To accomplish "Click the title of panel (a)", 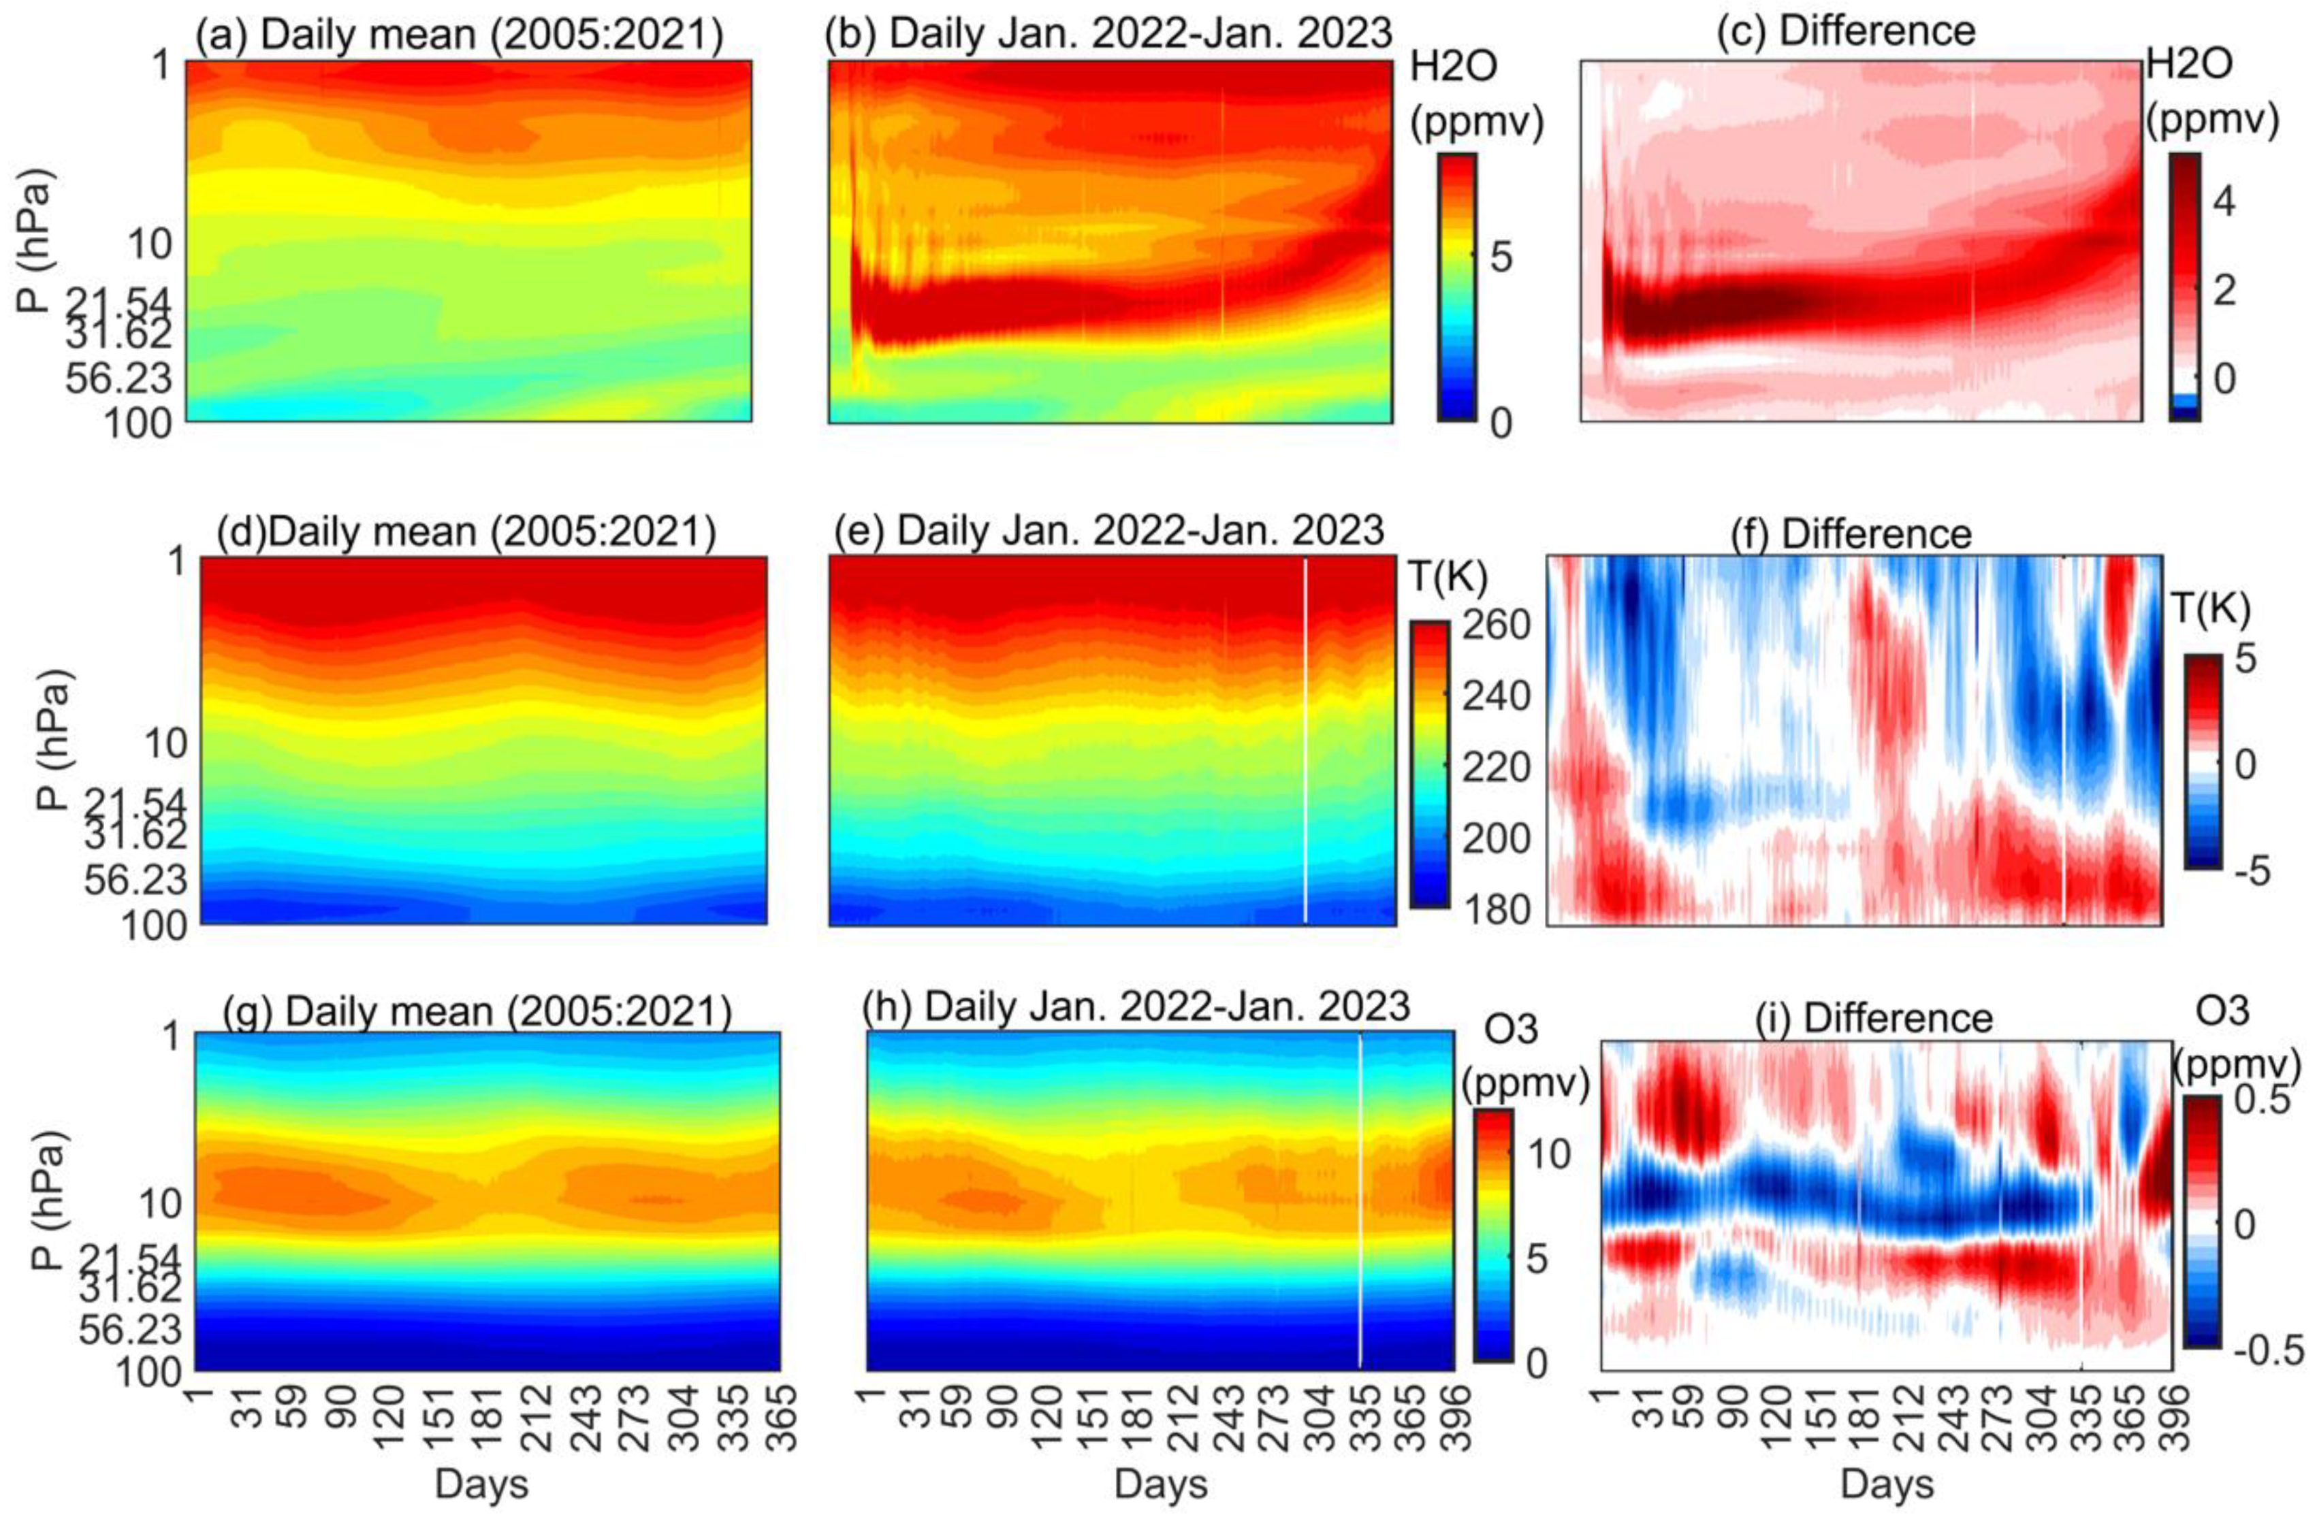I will [460, 35].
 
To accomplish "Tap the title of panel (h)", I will [1136, 1007].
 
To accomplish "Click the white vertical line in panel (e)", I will [1305, 740].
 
